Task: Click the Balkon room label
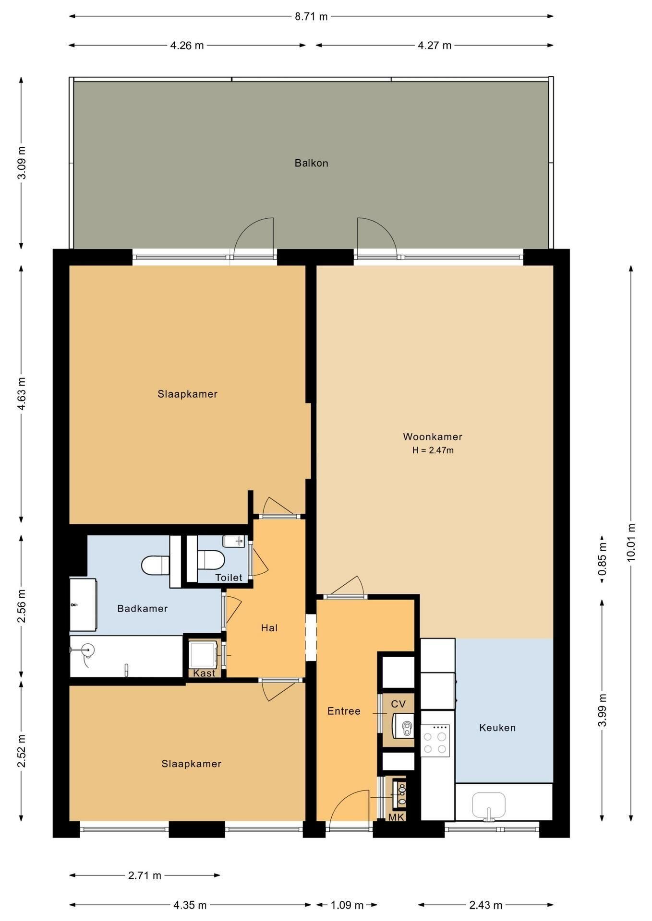coord(311,163)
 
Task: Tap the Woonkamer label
coord(433,437)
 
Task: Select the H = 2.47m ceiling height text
coord(433,450)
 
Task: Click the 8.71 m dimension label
coord(311,17)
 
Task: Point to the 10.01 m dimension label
coord(631,542)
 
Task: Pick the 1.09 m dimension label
coord(347,905)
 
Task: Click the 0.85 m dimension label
coord(602,559)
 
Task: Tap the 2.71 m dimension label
coord(145,875)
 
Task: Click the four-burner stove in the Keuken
coord(435,741)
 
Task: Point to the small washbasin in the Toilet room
coord(235,542)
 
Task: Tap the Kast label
coord(205,673)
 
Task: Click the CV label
coord(398,704)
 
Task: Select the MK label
coord(397,817)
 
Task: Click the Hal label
coord(269,628)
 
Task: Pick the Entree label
coord(344,711)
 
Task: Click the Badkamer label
coord(143,609)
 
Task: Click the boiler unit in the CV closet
coord(403,726)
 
